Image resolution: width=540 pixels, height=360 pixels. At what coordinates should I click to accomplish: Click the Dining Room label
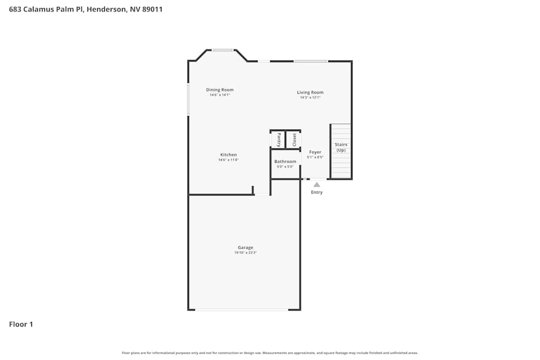pos(220,90)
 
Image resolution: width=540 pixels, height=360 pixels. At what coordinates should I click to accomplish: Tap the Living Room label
pos(310,92)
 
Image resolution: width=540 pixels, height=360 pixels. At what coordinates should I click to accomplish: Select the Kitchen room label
pos(228,155)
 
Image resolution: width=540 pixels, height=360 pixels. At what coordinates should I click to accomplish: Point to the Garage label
pos(245,248)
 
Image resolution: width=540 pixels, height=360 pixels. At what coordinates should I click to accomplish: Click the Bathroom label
pos(285,161)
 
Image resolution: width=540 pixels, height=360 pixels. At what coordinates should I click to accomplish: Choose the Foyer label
pos(315,152)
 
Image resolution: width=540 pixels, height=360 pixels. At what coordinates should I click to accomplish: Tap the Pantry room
pos(278,140)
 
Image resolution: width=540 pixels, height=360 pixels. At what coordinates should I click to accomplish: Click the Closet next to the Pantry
pos(294,140)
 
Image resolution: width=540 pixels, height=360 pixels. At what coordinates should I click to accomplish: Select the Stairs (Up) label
pos(341,147)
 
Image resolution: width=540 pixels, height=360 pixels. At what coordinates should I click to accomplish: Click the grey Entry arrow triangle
pos(316,185)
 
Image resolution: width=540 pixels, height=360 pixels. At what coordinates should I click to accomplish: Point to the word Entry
pos(316,193)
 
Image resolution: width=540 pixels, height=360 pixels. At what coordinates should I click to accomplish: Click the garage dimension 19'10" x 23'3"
pos(245,253)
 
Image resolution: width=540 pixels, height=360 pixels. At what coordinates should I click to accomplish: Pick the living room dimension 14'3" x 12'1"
pos(310,98)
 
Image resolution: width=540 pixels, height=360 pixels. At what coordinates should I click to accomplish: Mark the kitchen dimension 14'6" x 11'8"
pos(228,160)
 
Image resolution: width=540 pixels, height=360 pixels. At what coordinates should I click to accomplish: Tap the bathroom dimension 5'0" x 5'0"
pos(285,167)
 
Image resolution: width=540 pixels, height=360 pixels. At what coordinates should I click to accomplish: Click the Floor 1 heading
pos(21,324)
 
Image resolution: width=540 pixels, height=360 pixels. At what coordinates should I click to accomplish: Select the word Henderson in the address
pos(106,9)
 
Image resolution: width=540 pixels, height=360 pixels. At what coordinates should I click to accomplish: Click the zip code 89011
pos(152,9)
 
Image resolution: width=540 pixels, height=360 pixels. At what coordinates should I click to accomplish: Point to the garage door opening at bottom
pos(241,310)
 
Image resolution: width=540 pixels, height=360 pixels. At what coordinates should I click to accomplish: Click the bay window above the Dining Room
pos(222,50)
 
